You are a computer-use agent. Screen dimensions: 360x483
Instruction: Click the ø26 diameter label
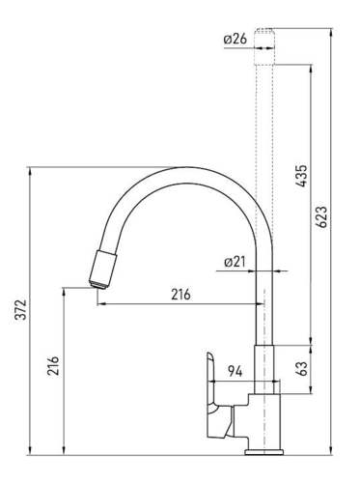point(235,40)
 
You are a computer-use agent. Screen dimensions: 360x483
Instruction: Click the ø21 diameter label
point(235,263)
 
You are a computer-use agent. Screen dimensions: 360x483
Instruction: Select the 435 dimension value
point(302,176)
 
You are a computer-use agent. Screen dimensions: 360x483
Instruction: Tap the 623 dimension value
point(321,217)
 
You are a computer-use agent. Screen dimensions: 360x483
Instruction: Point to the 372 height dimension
point(21,309)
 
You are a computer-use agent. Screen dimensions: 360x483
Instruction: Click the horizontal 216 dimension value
point(180,295)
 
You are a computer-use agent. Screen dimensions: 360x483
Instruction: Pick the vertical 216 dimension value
point(53,365)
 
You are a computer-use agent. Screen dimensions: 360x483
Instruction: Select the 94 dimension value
point(235,372)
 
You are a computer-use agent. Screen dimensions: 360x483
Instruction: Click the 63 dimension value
point(301,368)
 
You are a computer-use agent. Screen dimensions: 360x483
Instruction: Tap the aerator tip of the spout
point(98,285)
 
